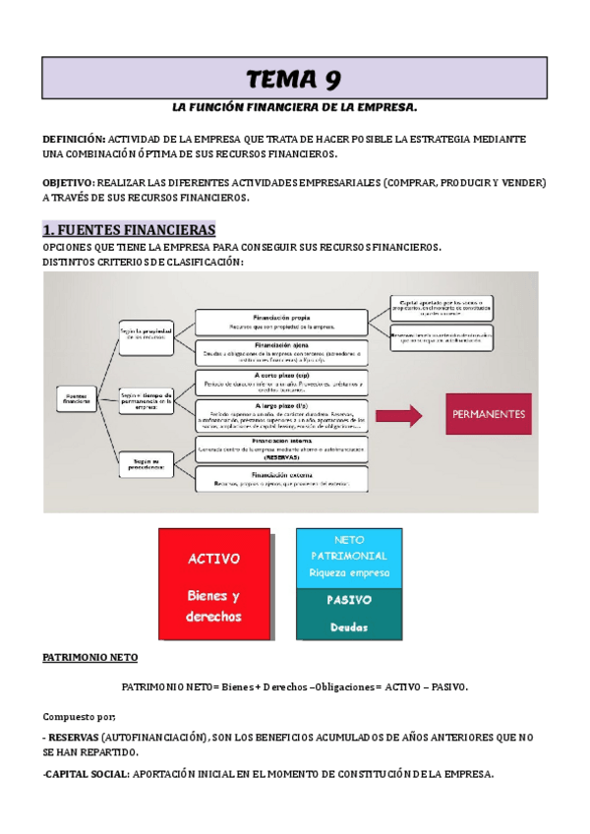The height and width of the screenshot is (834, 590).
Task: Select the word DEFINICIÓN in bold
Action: tap(75, 140)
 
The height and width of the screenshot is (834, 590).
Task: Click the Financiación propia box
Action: tap(282, 321)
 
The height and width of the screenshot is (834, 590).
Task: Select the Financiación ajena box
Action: tap(282, 352)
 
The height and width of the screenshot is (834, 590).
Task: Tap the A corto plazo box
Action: tap(282, 381)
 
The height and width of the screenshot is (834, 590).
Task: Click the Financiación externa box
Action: tap(282, 478)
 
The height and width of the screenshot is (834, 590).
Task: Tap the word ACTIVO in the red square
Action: tap(213, 558)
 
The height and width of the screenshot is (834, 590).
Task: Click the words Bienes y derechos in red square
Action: tap(213, 606)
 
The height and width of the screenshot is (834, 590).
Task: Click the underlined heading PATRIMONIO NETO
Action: tap(90, 657)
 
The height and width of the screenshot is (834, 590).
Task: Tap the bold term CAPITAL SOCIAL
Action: tap(87, 774)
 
